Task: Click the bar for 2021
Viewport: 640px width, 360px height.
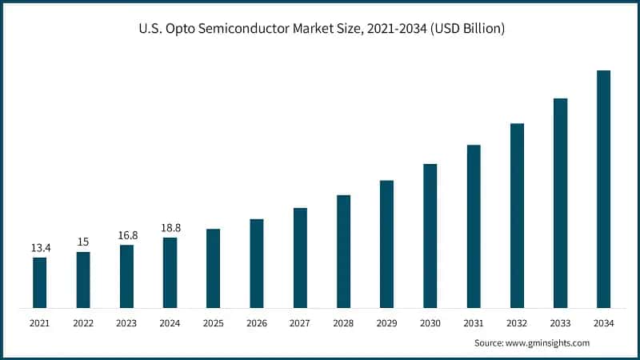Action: pos(39,282)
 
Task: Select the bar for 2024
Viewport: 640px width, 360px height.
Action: pos(170,273)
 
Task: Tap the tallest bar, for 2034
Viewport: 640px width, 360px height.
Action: pos(603,189)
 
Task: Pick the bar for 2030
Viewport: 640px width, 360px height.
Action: pos(430,236)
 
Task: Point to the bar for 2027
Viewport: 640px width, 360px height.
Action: pos(300,258)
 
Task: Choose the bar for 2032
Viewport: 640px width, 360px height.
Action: pos(517,215)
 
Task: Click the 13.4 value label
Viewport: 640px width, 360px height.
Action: pos(40,249)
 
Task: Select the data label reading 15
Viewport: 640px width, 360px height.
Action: pos(83,242)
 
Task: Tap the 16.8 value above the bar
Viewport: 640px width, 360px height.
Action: pos(126,235)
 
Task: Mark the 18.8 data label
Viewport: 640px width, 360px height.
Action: pos(170,228)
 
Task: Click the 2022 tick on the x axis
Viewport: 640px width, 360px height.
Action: pos(83,323)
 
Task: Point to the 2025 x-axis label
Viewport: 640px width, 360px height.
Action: pos(213,323)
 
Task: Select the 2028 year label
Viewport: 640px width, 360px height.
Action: pos(343,323)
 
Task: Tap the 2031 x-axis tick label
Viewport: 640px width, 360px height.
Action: pos(474,323)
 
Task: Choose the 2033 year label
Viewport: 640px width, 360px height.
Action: pos(560,323)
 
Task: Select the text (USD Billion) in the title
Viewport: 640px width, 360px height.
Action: pos(466,30)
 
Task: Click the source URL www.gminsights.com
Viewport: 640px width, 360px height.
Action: pos(550,342)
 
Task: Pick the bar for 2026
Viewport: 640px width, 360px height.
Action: pos(257,263)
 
